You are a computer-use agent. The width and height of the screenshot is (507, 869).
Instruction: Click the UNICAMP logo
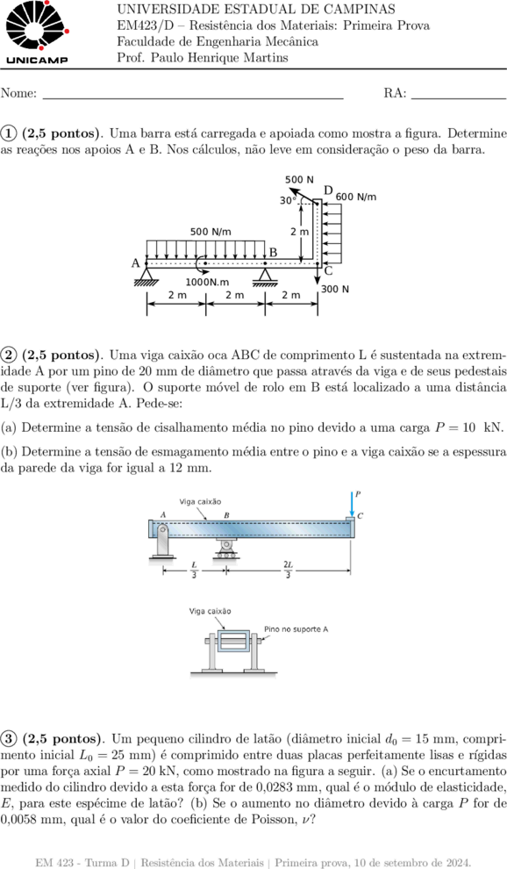[37, 32]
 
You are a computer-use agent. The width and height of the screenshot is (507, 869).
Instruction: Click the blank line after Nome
[193, 98]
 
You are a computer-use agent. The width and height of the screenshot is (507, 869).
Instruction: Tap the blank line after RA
[459, 98]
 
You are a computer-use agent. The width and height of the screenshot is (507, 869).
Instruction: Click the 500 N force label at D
[299, 180]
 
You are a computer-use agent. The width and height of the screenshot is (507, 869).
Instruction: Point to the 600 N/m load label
[356, 197]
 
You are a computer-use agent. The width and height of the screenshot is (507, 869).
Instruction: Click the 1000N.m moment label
[207, 282]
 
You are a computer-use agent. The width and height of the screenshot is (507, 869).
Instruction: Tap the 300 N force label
[335, 290]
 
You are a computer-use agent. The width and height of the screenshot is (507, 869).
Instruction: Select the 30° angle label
[287, 201]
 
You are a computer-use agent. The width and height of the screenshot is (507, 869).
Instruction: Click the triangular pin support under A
[146, 276]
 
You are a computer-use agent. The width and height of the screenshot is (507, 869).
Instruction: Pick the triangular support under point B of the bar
[265, 276]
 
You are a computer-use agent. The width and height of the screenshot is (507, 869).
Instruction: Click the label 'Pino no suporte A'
[296, 629]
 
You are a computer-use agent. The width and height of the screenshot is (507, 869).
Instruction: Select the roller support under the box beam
[225, 549]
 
